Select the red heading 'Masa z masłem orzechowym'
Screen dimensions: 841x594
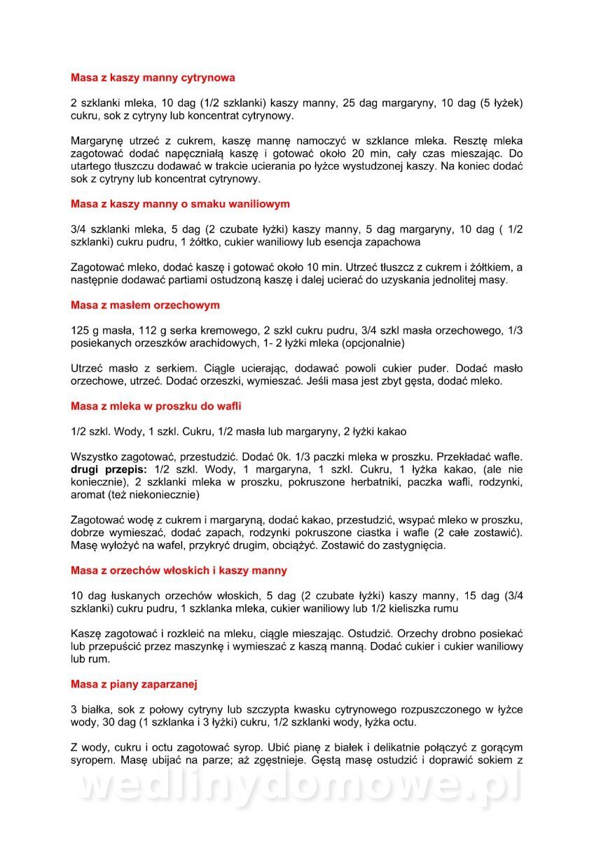pos(145,306)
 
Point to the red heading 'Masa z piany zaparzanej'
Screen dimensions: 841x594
pos(138,683)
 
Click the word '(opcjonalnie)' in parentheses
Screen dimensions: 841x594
pos(373,343)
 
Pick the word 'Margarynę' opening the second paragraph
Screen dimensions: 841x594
pos(97,141)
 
